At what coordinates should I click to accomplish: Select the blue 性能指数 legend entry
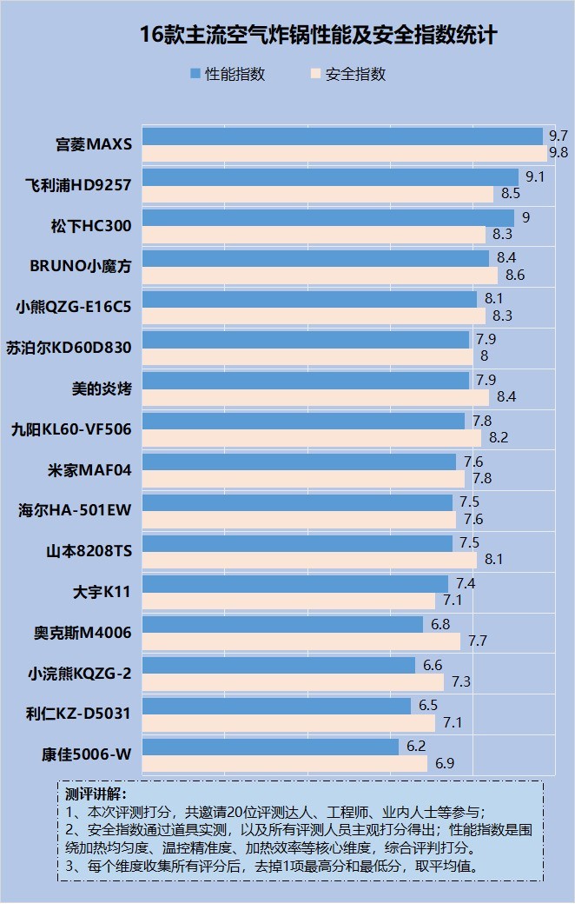click(x=227, y=74)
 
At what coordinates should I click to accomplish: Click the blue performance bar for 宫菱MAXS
click(x=342, y=136)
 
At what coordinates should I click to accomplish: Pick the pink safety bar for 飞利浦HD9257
click(x=318, y=194)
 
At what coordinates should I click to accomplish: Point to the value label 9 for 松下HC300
click(x=525, y=217)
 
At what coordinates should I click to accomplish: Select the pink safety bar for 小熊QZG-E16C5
click(x=314, y=316)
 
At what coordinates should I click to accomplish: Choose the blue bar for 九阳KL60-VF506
click(x=304, y=421)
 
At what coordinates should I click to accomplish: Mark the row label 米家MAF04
click(x=89, y=470)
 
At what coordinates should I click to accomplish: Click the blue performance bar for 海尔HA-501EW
click(x=298, y=502)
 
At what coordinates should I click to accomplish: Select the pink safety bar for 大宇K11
click(x=288, y=601)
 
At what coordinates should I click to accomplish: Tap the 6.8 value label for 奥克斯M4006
click(x=440, y=624)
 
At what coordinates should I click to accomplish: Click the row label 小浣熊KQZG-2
click(x=79, y=674)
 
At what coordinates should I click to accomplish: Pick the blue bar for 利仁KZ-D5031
click(x=276, y=706)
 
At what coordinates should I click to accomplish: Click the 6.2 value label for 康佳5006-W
click(x=416, y=746)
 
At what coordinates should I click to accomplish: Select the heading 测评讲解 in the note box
click(x=96, y=794)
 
